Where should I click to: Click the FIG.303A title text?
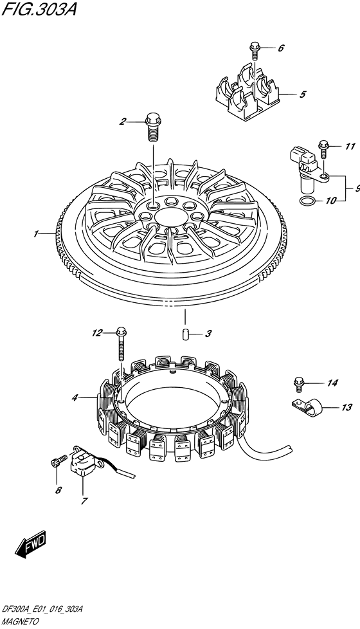click(x=39, y=9)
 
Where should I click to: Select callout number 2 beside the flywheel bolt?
click(x=122, y=121)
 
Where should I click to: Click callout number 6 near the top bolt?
click(x=281, y=48)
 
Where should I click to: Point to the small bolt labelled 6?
click(x=255, y=50)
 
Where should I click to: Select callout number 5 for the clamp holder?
click(x=303, y=95)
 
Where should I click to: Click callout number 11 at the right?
click(x=350, y=147)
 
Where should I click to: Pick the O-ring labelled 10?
click(x=307, y=201)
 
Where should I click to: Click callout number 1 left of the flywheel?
click(x=36, y=233)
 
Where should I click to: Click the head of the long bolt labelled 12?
click(x=121, y=331)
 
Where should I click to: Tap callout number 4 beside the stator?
click(x=75, y=398)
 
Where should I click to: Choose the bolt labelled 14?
click(x=298, y=384)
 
